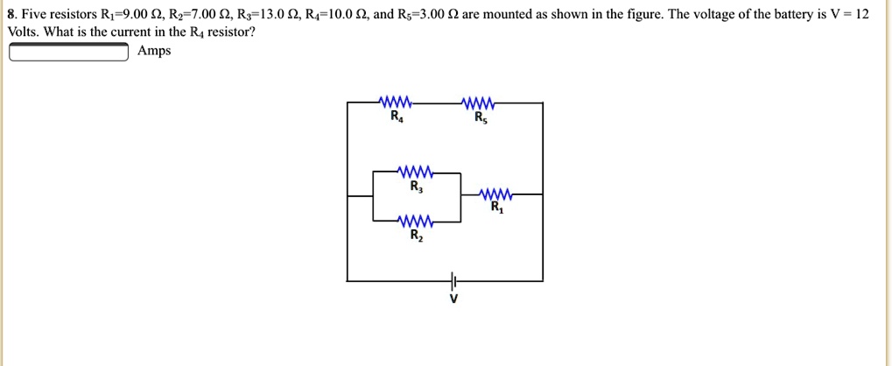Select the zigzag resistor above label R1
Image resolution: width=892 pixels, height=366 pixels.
click(496, 194)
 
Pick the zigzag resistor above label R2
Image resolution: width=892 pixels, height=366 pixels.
click(414, 221)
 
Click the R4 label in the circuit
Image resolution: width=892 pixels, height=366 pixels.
click(397, 116)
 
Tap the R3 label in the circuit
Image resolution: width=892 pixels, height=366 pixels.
click(415, 186)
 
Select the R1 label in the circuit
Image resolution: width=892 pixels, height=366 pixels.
click(497, 208)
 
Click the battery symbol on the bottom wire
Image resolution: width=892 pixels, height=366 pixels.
click(453, 280)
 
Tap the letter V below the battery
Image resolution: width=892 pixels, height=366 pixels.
click(453, 299)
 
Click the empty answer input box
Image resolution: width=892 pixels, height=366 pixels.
click(68, 53)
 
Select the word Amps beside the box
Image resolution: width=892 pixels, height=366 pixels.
click(154, 52)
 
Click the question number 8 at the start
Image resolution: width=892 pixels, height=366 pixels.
click(10, 15)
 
